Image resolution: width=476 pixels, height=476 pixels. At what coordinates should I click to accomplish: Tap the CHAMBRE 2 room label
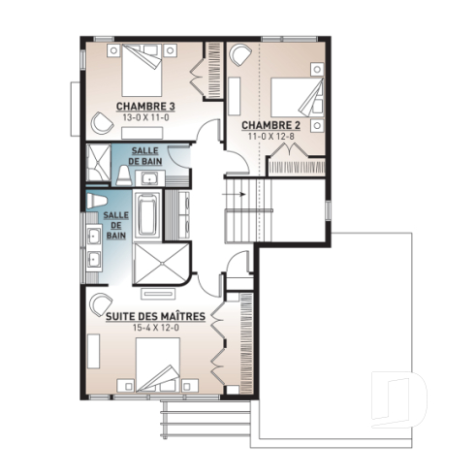(x=270, y=126)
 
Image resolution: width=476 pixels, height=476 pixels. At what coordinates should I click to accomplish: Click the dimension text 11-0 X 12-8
(x=270, y=137)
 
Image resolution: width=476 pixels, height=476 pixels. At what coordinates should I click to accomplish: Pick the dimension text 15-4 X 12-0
(x=156, y=328)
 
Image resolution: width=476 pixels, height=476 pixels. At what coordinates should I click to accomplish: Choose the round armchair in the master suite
(x=101, y=303)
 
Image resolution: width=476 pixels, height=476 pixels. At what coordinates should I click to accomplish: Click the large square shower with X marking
(x=151, y=263)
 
